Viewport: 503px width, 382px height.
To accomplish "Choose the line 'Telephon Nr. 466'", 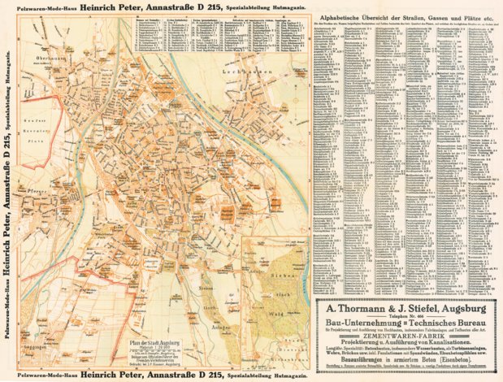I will coord(405,318).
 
